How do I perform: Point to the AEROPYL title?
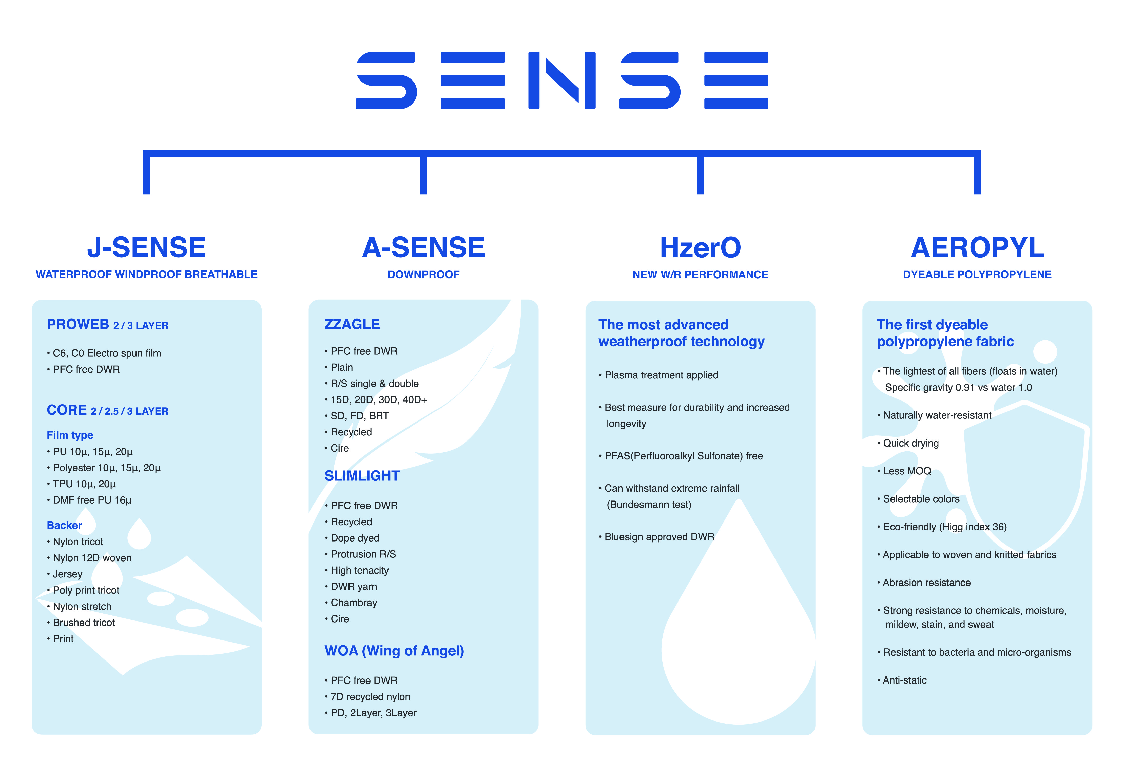click(x=977, y=248)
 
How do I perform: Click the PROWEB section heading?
click(x=107, y=324)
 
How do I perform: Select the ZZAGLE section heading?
click(x=352, y=324)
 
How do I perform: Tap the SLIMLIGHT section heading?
click(x=362, y=476)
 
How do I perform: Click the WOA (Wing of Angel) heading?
click(x=394, y=651)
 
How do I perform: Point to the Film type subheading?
click(x=70, y=435)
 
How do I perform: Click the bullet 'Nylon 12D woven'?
click(x=89, y=558)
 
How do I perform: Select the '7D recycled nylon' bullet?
click(x=367, y=697)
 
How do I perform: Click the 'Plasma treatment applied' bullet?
click(x=658, y=375)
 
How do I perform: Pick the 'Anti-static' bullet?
click(x=902, y=680)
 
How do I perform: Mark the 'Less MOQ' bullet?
click(x=904, y=471)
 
